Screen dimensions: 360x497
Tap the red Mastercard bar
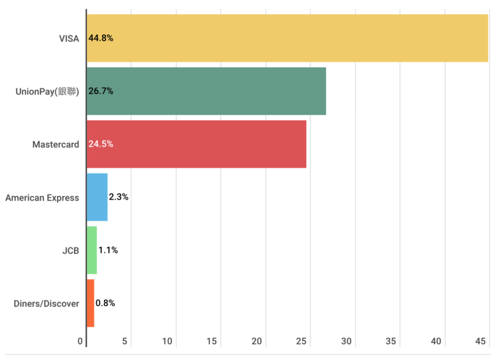click(x=196, y=144)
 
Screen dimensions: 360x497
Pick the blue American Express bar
click(x=97, y=197)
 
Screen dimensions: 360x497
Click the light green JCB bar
click(x=91, y=251)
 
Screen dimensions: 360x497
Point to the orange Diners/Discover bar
click(x=90, y=303)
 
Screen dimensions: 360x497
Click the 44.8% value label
click(x=101, y=38)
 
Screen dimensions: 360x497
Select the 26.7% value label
click(x=101, y=91)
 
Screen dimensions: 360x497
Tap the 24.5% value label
click(x=101, y=144)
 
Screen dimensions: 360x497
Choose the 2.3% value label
click(x=119, y=197)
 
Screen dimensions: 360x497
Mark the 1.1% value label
click(x=108, y=251)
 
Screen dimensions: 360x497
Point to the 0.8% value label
click(x=105, y=303)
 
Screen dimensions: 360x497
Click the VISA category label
click(x=68, y=38)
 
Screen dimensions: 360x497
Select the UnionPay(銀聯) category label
click(x=47, y=91)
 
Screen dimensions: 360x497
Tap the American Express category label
click(x=42, y=198)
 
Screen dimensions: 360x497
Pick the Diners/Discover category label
click(x=47, y=304)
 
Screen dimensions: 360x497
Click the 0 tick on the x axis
click(x=81, y=341)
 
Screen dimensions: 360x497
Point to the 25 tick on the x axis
click(x=302, y=341)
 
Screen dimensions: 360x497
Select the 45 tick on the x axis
click(x=481, y=341)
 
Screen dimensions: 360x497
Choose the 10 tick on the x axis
click(x=168, y=341)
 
